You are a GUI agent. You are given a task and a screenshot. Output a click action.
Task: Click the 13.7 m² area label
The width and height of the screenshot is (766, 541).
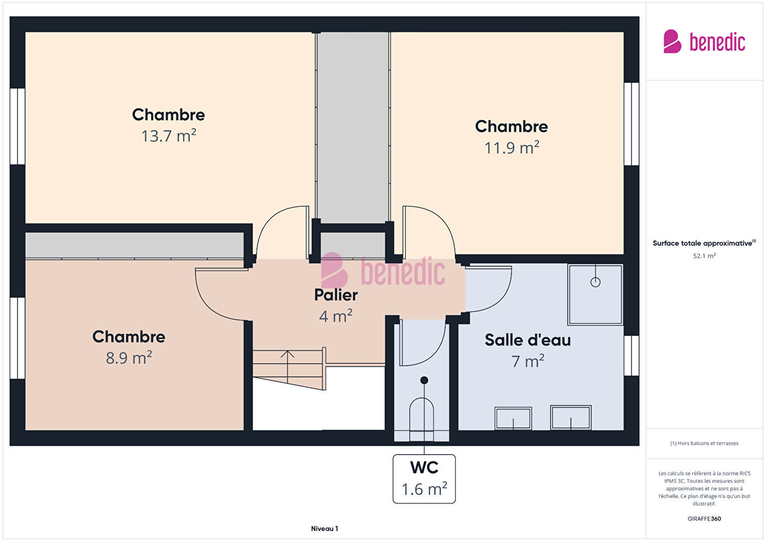(x=169, y=135)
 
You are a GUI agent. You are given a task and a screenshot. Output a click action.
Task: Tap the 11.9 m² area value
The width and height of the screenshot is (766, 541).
(x=512, y=147)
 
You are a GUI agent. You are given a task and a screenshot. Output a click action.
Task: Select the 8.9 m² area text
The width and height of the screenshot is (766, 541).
(x=129, y=357)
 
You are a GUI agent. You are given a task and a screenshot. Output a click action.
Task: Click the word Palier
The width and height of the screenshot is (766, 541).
(x=336, y=295)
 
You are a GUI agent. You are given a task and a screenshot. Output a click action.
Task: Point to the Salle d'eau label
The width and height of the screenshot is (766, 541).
(x=528, y=340)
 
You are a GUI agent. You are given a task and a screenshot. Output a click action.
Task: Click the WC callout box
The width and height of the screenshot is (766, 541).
(x=424, y=479)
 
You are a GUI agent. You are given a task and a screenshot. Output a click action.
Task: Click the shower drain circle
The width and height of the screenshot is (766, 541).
(x=595, y=282)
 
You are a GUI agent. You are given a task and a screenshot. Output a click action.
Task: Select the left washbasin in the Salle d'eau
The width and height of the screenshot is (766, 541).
(x=513, y=418)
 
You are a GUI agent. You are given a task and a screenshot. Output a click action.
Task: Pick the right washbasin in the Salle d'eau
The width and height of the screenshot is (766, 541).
(x=571, y=417)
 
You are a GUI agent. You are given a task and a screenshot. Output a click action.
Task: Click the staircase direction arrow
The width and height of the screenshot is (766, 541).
(x=288, y=367)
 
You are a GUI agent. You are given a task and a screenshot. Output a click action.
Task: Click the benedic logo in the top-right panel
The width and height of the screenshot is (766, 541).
(x=704, y=42)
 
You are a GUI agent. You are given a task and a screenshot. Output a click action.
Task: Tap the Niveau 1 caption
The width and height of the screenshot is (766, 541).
(x=325, y=528)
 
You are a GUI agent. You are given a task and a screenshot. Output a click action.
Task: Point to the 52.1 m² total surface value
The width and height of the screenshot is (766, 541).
(x=704, y=256)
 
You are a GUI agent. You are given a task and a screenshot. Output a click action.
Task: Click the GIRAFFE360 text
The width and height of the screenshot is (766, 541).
(x=704, y=518)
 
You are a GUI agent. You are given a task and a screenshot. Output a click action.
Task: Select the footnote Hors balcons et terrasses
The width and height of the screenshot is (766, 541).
(x=704, y=443)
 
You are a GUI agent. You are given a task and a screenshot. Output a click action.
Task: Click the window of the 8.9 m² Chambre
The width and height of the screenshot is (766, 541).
(x=17, y=338)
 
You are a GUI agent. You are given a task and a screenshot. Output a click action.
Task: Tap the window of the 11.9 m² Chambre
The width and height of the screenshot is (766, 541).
(x=631, y=124)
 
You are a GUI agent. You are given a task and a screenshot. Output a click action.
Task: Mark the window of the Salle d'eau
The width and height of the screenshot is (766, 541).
(x=631, y=355)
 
